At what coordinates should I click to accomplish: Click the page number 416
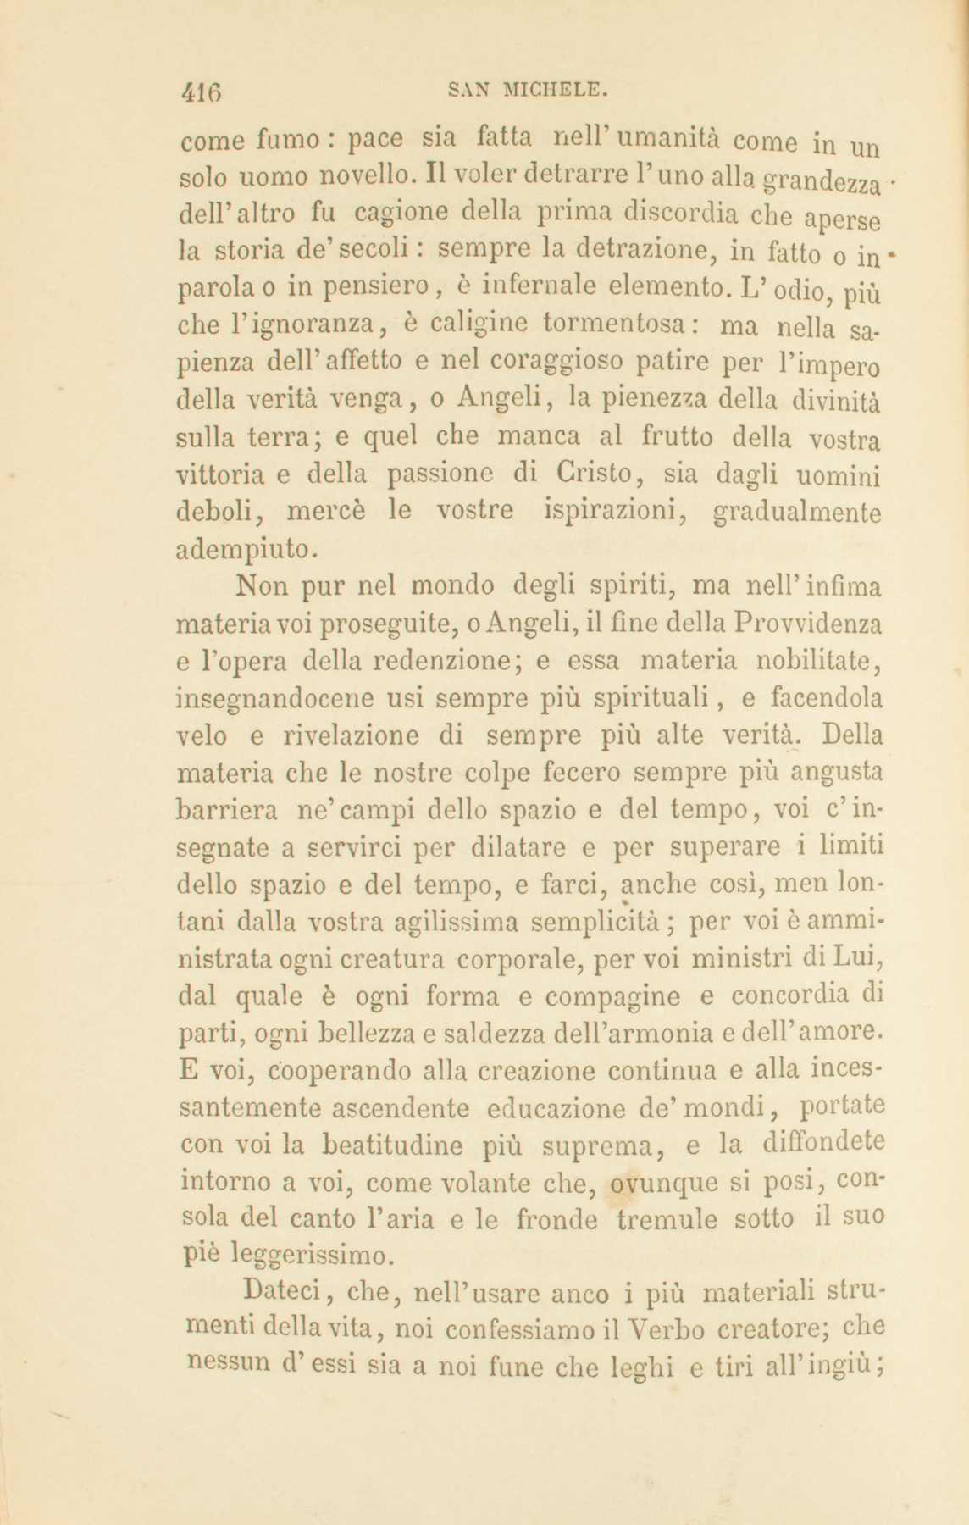click(205, 91)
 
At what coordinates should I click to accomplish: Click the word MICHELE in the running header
click(554, 88)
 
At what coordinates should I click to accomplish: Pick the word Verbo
click(664, 1328)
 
